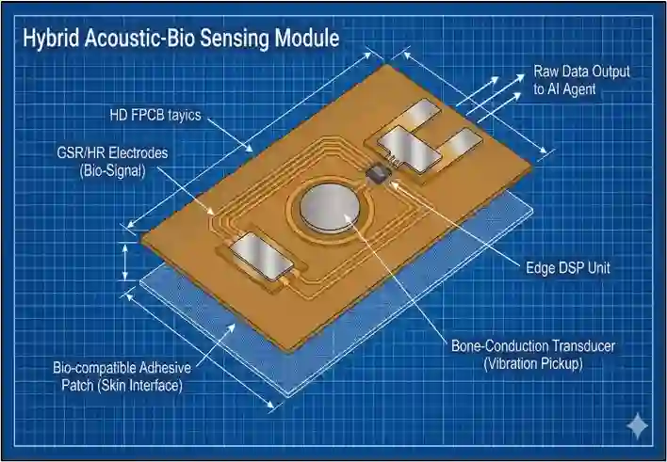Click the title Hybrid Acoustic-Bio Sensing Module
pyautogui.click(x=180, y=39)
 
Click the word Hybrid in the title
pyautogui.click(x=49, y=39)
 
